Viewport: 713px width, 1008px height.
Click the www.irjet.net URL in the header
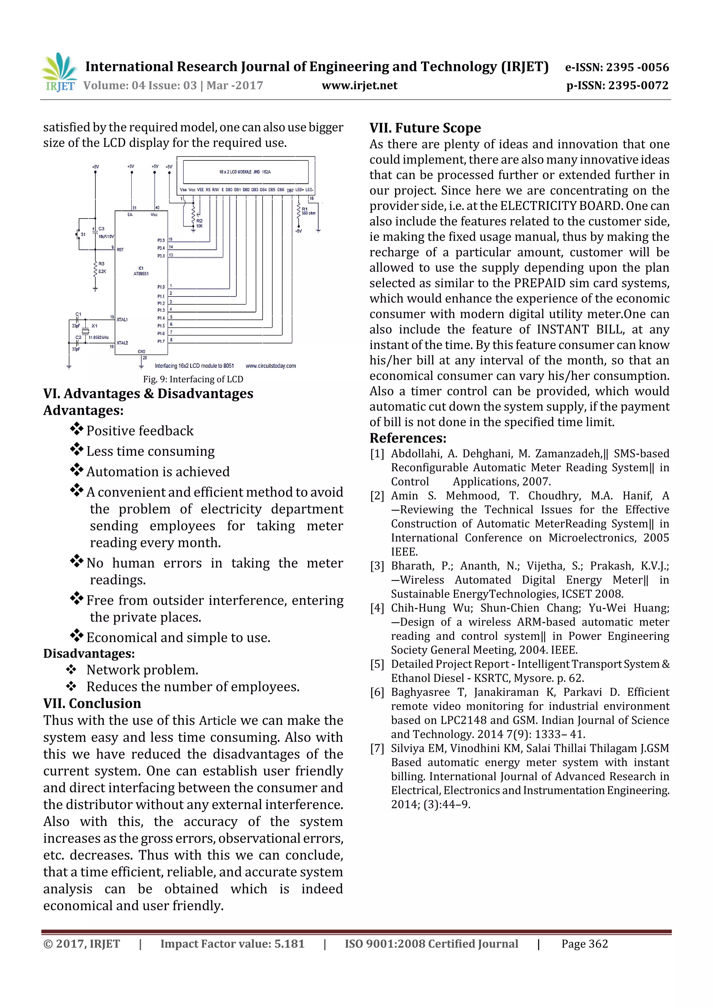point(359,86)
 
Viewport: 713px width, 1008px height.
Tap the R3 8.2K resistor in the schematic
point(96,268)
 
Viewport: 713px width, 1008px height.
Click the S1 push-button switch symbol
point(79,235)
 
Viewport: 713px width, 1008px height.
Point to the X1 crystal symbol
point(86,331)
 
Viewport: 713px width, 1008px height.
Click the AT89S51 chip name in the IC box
point(141,273)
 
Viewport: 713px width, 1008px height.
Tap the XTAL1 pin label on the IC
point(122,320)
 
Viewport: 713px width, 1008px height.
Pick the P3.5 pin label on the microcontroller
point(161,240)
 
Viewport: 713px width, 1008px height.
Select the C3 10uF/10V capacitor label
point(105,233)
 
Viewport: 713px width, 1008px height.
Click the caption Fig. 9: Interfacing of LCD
point(193,379)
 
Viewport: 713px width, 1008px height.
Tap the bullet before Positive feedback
point(77,428)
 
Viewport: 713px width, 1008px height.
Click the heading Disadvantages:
point(89,653)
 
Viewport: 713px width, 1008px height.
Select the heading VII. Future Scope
point(425,128)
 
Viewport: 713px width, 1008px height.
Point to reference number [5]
point(377,664)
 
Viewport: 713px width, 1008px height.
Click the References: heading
point(408,438)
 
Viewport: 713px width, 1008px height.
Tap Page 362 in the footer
point(584,944)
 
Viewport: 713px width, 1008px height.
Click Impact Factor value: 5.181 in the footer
point(232,944)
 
